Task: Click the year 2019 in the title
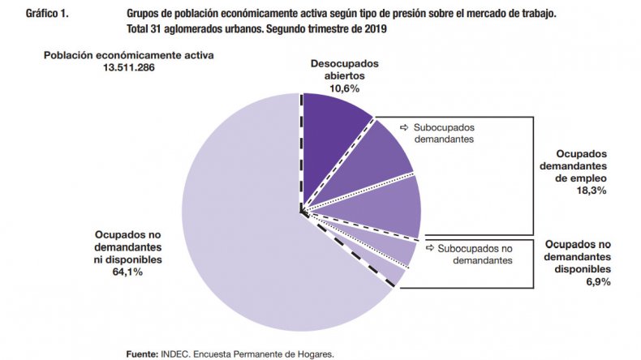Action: tap(372, 29)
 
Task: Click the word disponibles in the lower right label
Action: tap(577, 268)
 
